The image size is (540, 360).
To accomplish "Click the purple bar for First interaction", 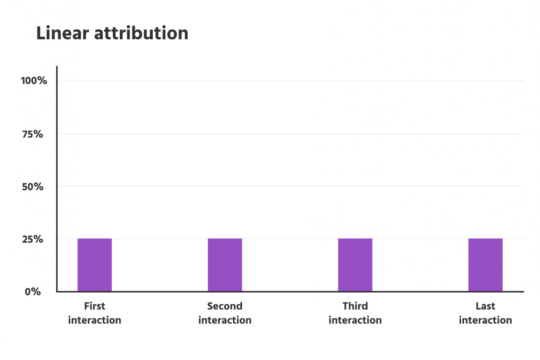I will coord(94,265).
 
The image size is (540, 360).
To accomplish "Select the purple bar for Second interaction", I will coord(225,265).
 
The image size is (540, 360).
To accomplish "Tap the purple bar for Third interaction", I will coord(355,265).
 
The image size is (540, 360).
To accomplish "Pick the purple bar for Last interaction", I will coord(485,265).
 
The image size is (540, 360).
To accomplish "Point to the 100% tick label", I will coord(34,81).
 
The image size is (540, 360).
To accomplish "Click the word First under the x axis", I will coord(94,306).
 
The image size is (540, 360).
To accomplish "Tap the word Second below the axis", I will coord(225,306).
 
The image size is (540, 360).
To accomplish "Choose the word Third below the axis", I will coord(355,306).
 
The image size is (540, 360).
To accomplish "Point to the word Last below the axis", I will coord(485,306).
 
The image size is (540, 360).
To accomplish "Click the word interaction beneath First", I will coord(94,320).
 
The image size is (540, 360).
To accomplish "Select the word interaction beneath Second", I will coord(225,320).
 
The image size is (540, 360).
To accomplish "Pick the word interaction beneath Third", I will coord(355,320).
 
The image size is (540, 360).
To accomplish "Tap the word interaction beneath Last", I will coord(485,320).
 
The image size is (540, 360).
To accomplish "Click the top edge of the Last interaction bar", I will coord(485,239).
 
